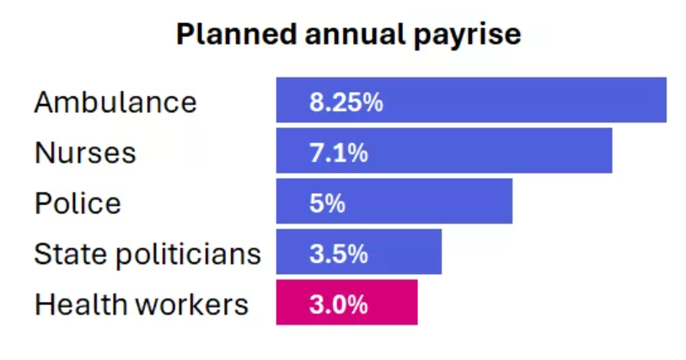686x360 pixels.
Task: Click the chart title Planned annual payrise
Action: (x=348, y=35)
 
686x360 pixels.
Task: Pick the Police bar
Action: (x=438, y=201)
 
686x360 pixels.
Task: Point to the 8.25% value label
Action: (x=346, y=103)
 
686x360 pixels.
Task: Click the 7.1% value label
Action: (x=338, y=153)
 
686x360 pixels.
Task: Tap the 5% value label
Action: (x=327, y=203)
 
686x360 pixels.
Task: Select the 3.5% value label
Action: (x=338, y=254)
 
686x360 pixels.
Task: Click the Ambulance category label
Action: (x=115, y=102)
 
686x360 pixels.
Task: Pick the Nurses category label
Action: (x=85, y=153)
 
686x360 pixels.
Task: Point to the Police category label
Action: (x=78, y=203)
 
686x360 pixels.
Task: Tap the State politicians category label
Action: (x=147, y=254)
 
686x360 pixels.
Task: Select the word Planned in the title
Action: (x=225, y=35)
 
